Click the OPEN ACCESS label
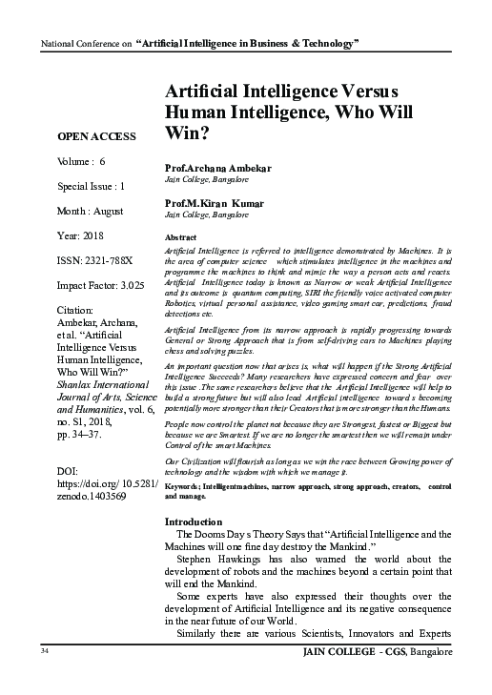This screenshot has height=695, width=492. [x=96, y=135]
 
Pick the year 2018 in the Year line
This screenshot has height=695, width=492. [x=92, y=234]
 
